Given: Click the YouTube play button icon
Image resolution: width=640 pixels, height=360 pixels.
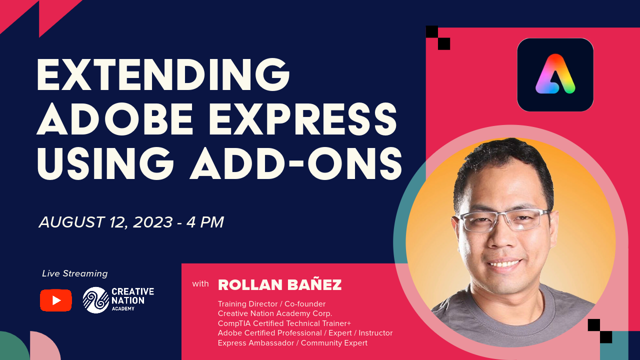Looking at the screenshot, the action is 55,300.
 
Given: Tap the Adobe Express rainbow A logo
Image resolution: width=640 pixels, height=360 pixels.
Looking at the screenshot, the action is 555,74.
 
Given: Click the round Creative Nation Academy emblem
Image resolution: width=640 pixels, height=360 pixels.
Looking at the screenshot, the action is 96,300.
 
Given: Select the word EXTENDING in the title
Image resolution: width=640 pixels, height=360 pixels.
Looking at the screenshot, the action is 163,75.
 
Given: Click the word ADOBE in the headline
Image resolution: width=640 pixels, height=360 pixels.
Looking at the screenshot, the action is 115,119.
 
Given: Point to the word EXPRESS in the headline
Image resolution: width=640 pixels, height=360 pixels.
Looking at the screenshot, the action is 303,119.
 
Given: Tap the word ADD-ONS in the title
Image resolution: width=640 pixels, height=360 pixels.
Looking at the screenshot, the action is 296,163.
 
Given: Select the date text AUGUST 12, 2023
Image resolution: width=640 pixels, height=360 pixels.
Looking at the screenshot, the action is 105,222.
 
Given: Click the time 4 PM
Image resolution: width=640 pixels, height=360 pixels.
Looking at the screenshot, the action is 205,222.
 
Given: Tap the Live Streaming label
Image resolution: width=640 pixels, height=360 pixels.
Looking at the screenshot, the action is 75,273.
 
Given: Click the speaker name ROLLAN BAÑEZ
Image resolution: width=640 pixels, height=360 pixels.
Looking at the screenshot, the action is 279,284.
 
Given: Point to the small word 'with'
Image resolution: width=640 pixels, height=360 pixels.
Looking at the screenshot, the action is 200,283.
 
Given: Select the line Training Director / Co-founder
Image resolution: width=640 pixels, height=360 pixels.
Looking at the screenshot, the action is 271,303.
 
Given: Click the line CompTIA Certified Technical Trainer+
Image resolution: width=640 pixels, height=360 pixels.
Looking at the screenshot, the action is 284,323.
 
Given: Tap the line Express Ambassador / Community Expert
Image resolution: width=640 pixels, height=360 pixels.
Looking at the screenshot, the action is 292,343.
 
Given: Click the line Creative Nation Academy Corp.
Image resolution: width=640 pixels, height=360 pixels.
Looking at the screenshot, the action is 275,313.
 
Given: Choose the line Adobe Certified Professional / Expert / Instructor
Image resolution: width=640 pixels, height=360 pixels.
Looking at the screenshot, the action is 305,333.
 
